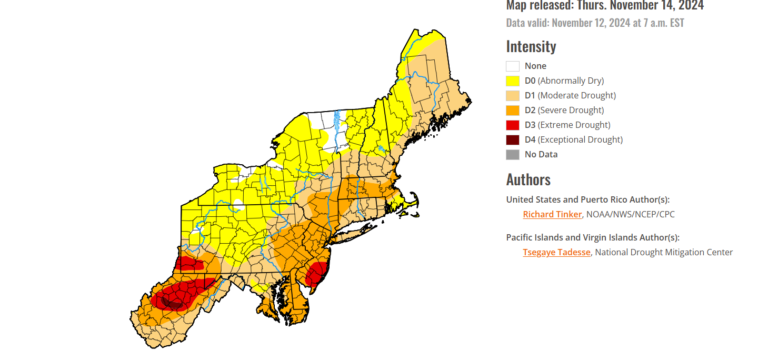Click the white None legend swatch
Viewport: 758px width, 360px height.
[513, 66]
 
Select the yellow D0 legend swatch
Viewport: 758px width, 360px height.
[513, 81]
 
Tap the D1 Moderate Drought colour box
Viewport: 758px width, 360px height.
[513, 96]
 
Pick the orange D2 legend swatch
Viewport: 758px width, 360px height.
[513, 111]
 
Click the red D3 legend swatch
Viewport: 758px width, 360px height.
[513, 125]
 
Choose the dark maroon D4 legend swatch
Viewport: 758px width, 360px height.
[513, 140]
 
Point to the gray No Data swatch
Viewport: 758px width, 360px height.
[513, 155]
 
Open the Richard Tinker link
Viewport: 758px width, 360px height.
[552, 214]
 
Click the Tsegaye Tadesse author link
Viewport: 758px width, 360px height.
[556, 252]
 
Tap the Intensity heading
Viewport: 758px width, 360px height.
[531, 46]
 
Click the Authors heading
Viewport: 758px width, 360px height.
[528, 179]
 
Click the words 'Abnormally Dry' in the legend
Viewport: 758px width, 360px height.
[571, 81]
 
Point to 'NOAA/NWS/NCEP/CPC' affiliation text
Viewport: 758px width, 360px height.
[630, 214]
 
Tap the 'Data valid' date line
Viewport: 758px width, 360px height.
[595, 23]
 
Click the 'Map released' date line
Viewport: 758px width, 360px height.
[605, 6]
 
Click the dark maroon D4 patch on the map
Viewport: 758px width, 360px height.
[172, 303]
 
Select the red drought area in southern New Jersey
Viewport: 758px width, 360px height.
[316, 274]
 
